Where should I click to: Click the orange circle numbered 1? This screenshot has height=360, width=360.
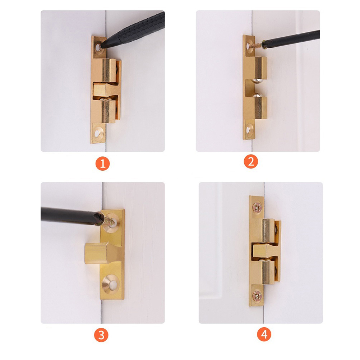[x=103, y=163]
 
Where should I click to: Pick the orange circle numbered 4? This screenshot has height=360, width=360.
[x=264, y=334]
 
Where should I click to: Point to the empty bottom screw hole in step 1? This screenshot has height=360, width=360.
[x=98, y=133]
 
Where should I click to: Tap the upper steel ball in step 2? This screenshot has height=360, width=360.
[x=257, y=80]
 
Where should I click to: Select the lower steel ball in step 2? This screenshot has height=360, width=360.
[x=257, y=95]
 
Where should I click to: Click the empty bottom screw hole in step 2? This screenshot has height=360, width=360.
[x=249, y=130]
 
